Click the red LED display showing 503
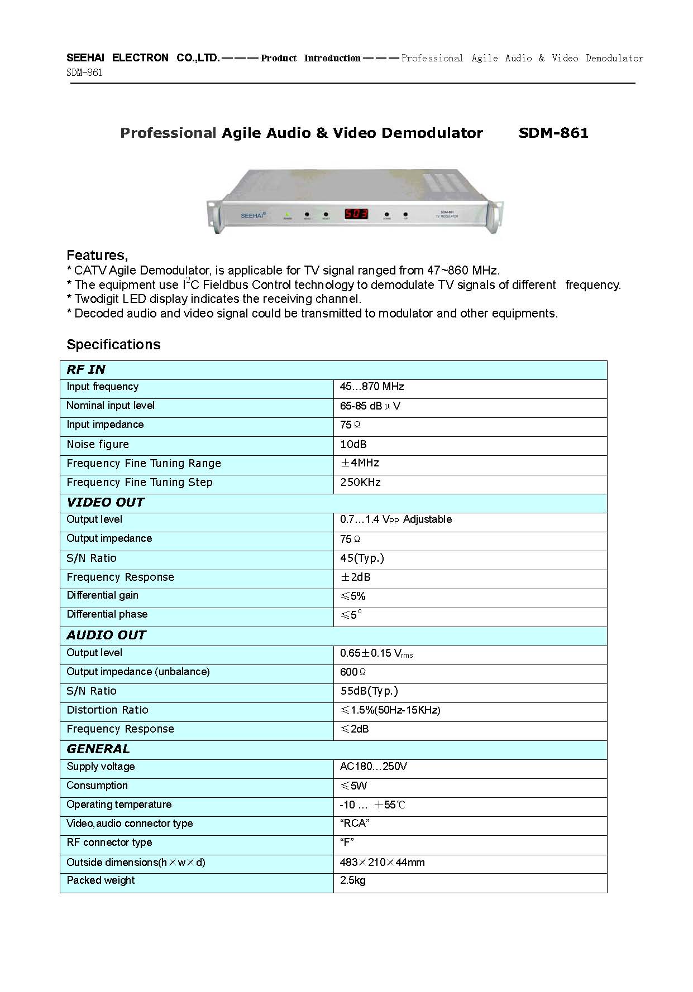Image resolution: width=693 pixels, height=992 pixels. pyautogui.click(x=356, y=214)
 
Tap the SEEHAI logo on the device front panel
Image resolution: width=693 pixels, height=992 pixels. pyautogui.click(x=253, y=215)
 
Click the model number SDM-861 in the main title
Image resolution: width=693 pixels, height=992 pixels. pyautogui.click(x=553, y=133)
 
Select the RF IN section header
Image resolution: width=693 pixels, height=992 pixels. pyautogui.click(x=86, y=369)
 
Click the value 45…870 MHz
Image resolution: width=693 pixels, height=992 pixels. pyautogui.click(x=371, y=387)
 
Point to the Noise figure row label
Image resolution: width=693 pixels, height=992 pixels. pyautogui.click(x=98, y=445)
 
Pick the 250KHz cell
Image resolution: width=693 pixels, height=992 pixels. pyautogui.click(x=360, y=483)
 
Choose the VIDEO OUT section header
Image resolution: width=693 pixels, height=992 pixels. pyautogui.click(x=105, y=502)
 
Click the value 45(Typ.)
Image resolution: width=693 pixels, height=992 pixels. pyautogui.click(x=362, y=558)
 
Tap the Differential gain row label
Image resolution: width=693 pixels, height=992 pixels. pyautogui.click(x=102, y=595)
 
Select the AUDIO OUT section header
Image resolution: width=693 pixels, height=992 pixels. pyautogui.click(x=106, y=635)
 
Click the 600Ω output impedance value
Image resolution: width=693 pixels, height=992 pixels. pyautogui.click(x=353, y=672)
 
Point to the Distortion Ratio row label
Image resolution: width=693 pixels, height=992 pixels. pyautogui.click(x=107, y=710)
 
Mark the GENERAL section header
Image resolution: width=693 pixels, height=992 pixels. pyautogui.click(x=98, y=749)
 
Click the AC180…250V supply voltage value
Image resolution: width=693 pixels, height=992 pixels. pyautogui.click(x=373, y=767)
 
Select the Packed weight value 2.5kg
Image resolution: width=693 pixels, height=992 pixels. pyautogui.click(x=352, y=880)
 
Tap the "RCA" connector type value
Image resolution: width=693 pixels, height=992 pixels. pyautogui.click(x=354, y=824)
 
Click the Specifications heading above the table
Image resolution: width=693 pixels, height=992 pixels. pyautogui.click(x=113, y=344)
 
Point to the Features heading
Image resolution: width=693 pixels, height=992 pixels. pyautogui.click(x=97, y=256)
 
